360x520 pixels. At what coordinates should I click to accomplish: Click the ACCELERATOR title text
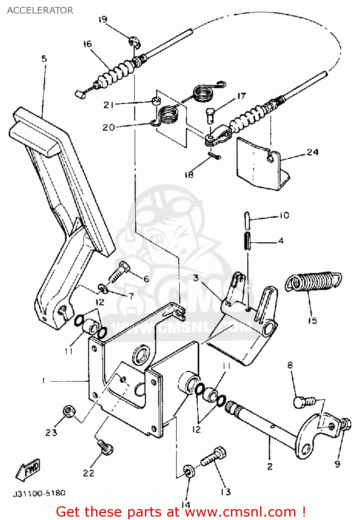click(40, 10)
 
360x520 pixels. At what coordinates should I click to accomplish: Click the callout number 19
click(103, 19)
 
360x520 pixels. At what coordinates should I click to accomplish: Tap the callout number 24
click(312, 152)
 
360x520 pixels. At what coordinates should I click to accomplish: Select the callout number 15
click(312, 320)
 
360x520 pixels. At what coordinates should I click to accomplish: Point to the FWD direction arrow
click(29, 470)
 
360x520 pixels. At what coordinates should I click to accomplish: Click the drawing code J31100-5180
click(39, 493)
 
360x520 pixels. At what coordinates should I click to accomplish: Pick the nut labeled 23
click(69, 411)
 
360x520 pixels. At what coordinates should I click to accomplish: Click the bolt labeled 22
click(105, 447)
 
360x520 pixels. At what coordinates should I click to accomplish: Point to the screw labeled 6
click(119, 272)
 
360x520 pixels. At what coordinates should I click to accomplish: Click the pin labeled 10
click(247, 220)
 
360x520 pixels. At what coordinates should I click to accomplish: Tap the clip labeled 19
click(135, 42)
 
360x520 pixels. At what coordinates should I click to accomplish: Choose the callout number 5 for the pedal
click(44, 59)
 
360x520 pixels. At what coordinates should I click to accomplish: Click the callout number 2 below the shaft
click(270, 466)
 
